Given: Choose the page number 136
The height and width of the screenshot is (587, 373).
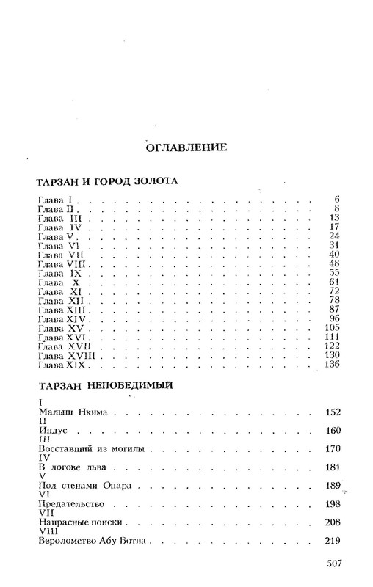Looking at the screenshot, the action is pyautogui.click(x=333, y=365).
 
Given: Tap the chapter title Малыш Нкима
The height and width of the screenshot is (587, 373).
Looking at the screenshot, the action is pyautogui.click(x=72, y=413).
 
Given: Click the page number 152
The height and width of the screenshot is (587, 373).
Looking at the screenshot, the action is pyautogui.click(x=333, y=413).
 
